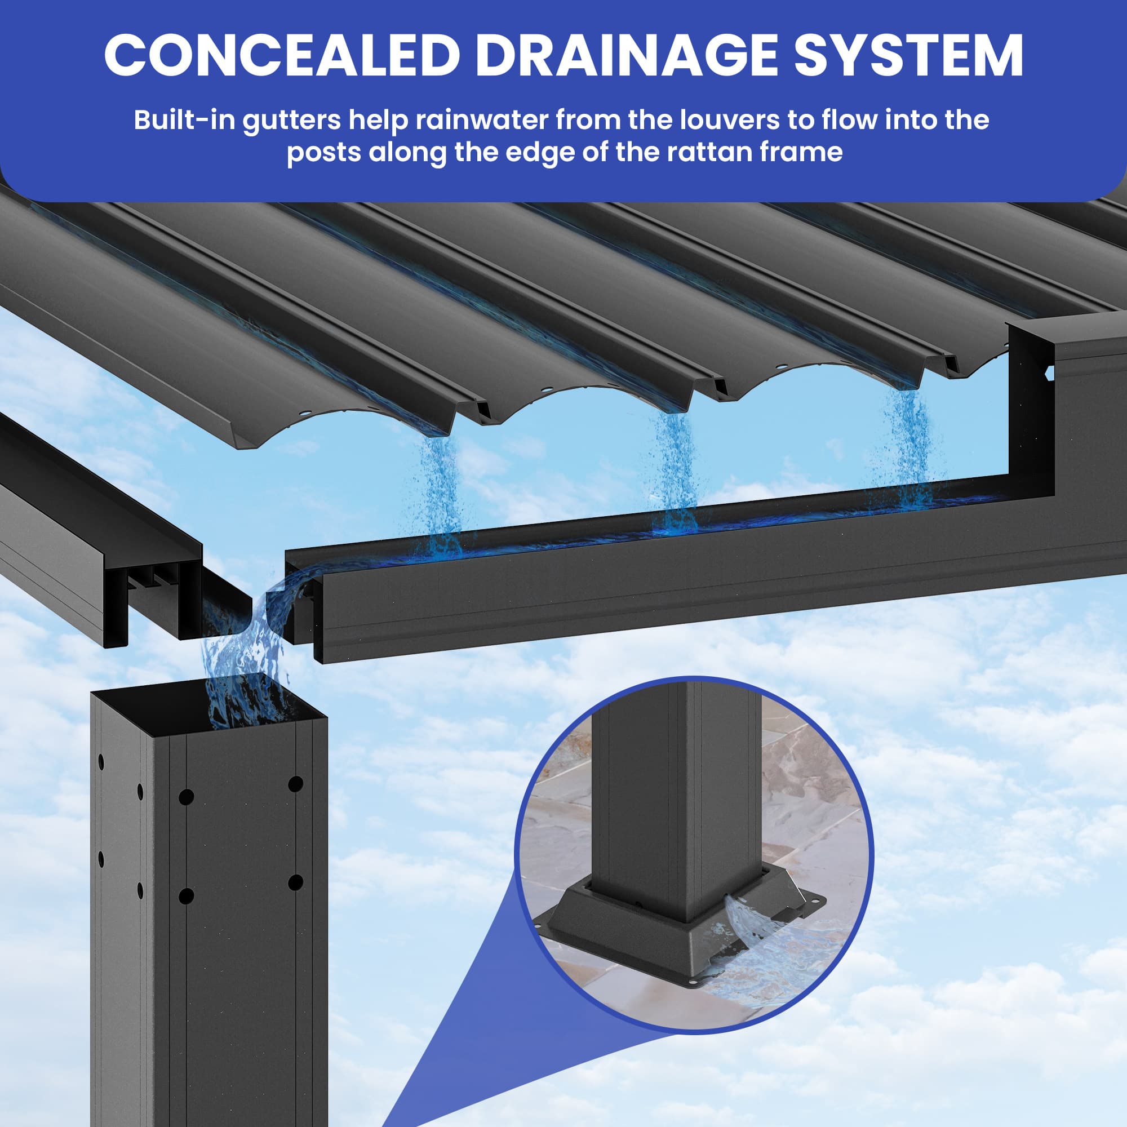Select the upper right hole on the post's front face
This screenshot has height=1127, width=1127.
[x=296, y=783]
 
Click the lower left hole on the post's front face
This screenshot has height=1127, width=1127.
[x=186, y=895]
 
